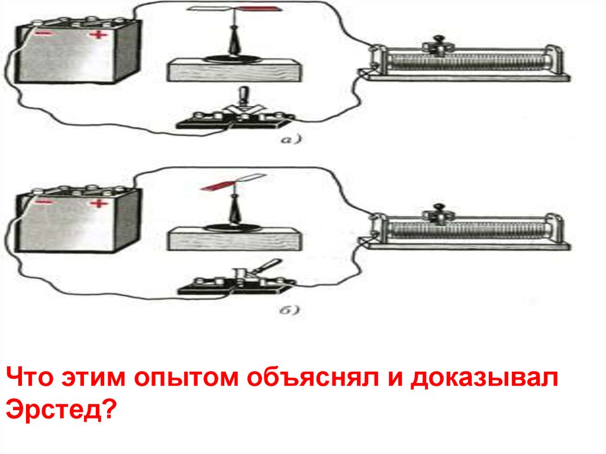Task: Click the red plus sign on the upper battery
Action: tap(99, 35)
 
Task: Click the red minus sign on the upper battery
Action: tap(43, 34)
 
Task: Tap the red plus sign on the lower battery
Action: tap(99, 204)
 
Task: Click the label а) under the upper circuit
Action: tap(290, 139)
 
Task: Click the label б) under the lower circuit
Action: tap(289, 310)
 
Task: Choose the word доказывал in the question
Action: tap(484, 379)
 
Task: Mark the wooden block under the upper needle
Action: tap(234, 70)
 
